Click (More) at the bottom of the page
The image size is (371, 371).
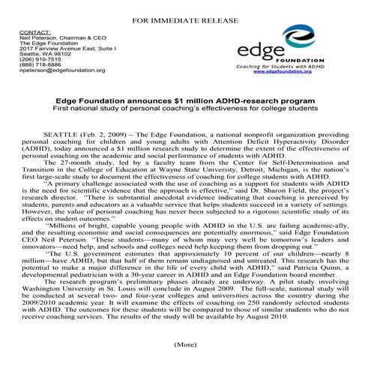click(x=184, y=346)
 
